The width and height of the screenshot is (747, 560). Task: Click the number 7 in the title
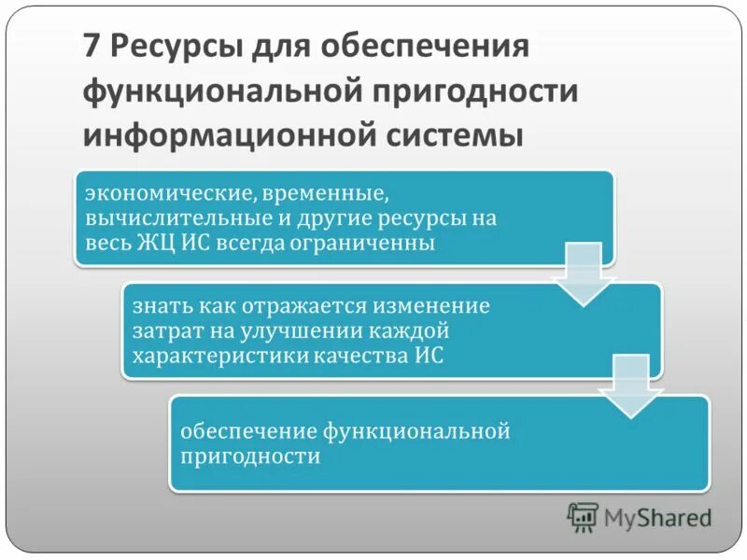point(91,46)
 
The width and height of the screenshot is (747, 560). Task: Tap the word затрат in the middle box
point(162,330)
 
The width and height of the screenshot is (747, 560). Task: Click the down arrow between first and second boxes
point(580,276)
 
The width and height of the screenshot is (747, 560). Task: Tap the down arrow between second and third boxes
point(627,388)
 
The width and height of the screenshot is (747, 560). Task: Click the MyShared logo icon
point(583,516)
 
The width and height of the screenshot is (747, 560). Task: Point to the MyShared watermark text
point(657,517)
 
